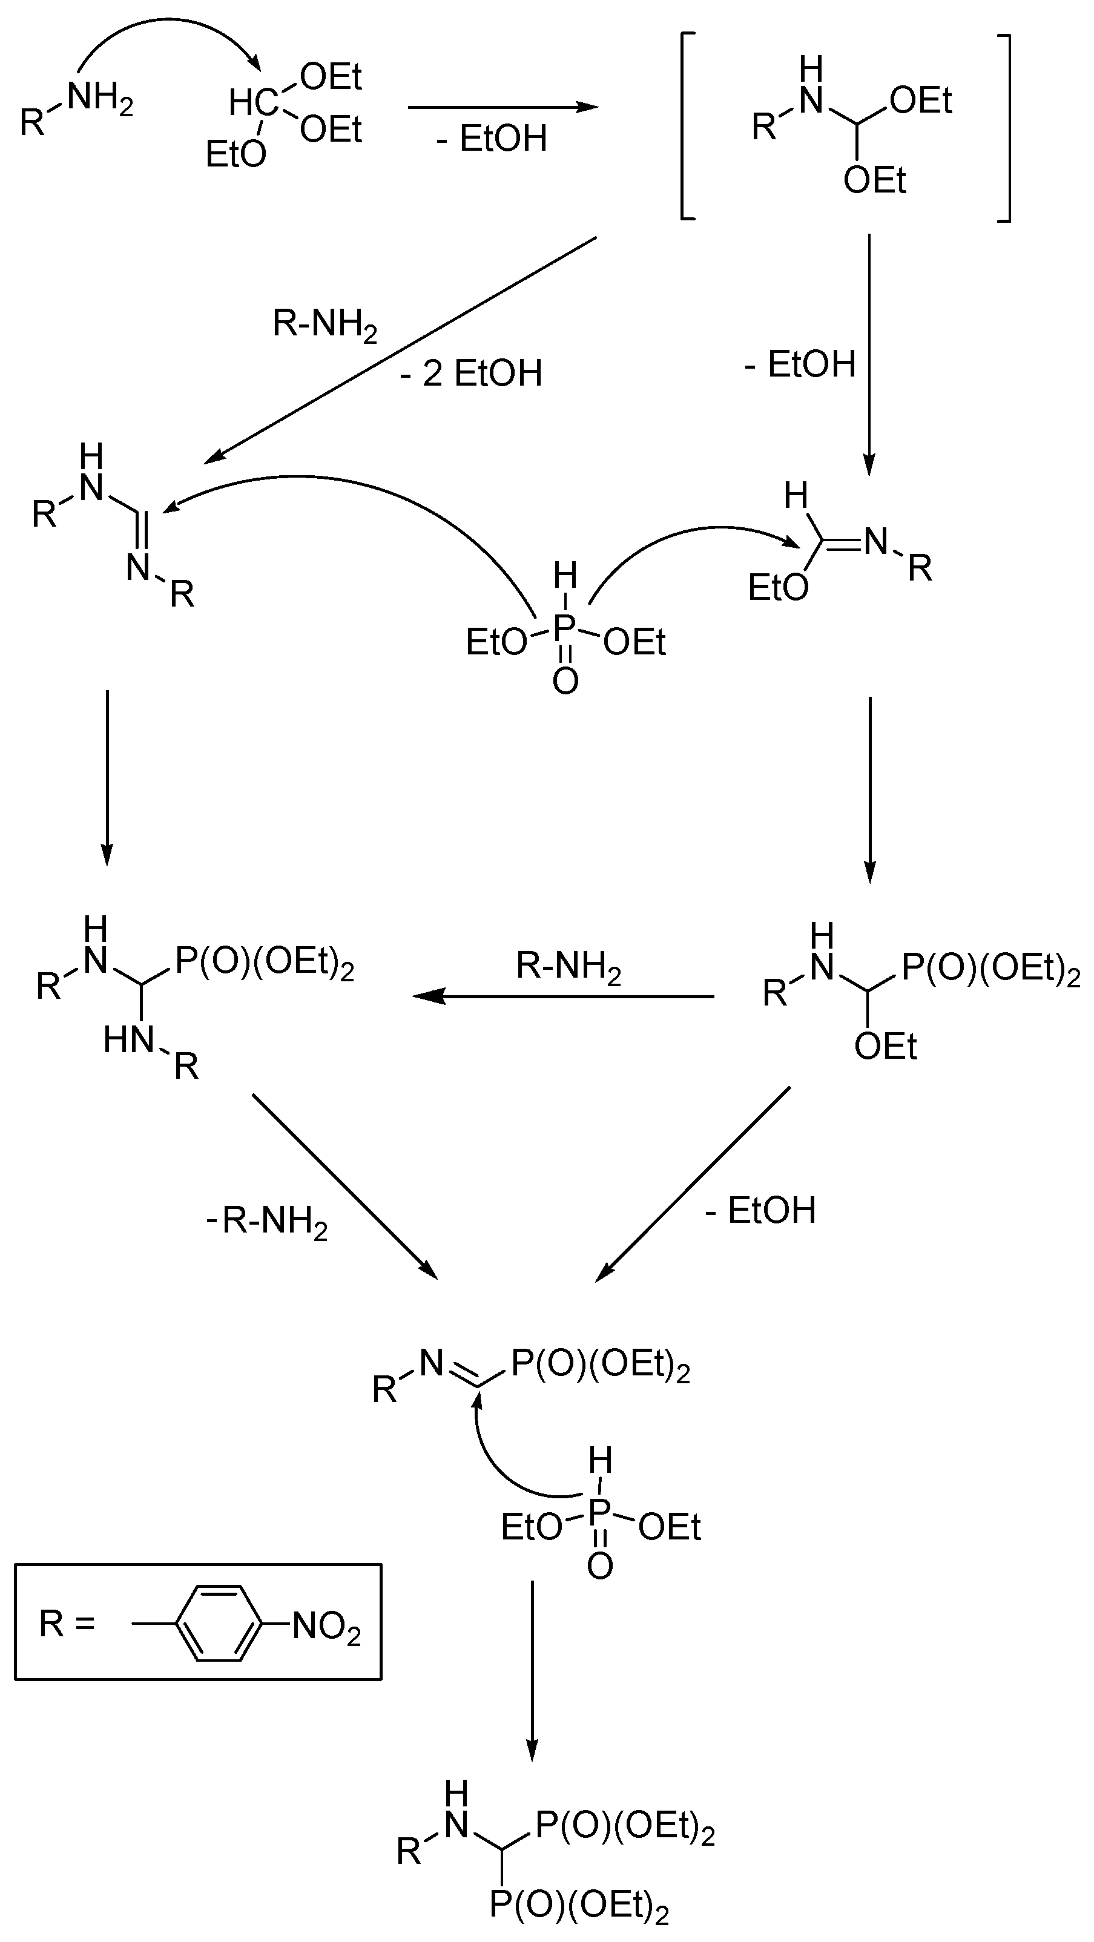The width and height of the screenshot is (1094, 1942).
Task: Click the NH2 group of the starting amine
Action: (x=101, y=99)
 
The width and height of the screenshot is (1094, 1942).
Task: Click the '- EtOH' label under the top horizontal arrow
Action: (x=492, y=139)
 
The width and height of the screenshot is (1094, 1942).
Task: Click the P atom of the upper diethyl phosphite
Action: (x=565, y=628)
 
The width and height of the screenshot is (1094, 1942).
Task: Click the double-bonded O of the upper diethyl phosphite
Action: (x=565, y=681)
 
